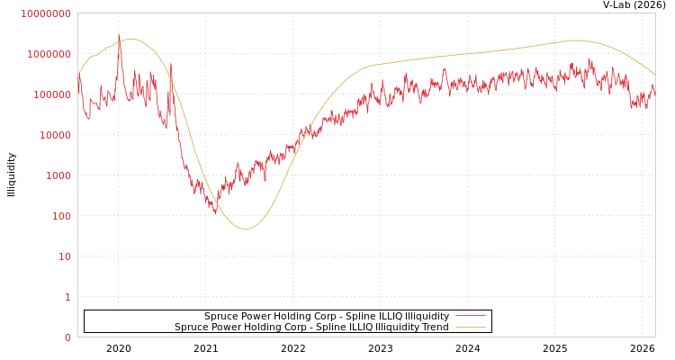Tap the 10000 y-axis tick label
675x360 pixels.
click(x=54, y=135)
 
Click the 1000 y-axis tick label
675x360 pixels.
click(x=57, y=175)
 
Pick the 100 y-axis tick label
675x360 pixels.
click(x=59, y=216)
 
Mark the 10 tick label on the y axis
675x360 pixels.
click(x=63, y=256)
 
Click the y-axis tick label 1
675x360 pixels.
click(x=67, y=297)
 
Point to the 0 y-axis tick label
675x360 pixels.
click(x=67, y=337)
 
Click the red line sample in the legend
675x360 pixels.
click(x=470, y=316)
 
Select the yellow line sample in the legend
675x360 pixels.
click(x=470, y=327)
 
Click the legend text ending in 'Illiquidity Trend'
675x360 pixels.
click(x=311, y=327)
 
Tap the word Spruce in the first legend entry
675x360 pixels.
click(x=221, y=316)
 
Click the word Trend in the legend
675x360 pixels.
click(x=433, y=327)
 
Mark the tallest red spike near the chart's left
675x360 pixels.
click(x=119, y=36)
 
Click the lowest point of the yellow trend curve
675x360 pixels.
click(x=246, y=229)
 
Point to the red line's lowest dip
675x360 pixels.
click(x=217, y=213)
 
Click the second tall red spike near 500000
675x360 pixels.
click(x=171, y=65)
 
